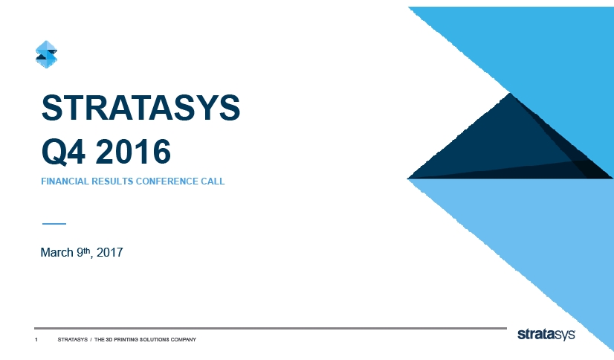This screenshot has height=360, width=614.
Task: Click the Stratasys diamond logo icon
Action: (46, 54)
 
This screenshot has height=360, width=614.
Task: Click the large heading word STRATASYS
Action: (141, 108)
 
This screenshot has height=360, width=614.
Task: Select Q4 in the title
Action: (63, 152)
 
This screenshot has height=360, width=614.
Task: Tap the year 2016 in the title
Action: (133, 152)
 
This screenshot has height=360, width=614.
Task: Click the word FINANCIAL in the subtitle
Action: (65, 181)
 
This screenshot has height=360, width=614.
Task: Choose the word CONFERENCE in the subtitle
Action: (167, 181)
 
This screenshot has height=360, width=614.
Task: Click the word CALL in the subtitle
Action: (213, 181)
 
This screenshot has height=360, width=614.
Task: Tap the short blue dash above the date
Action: (54, 224)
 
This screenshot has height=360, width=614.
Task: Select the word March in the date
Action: (56, 252)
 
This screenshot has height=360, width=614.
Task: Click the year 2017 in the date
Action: (110, 252)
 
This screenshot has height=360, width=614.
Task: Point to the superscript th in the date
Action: (87, 251)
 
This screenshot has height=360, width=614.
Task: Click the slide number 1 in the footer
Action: (36, 340)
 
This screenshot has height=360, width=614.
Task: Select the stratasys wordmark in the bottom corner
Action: (546, 335)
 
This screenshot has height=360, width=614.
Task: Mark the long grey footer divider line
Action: (271, 328)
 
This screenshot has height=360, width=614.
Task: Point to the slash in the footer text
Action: (91, 340)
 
